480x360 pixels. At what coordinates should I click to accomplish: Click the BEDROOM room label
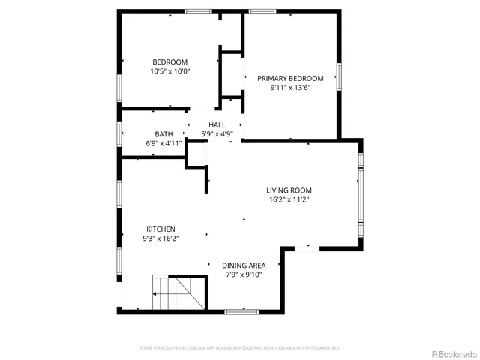point(169,62)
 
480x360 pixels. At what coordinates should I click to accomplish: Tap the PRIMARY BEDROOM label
point(290,78)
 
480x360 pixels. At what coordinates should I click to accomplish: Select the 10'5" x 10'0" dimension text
point(169,72)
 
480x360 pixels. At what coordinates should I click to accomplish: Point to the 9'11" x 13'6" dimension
point(290,88)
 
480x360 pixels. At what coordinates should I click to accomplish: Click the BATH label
point(163,134)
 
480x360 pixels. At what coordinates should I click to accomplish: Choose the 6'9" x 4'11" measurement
point(163,143)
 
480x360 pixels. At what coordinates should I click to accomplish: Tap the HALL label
point(217,125)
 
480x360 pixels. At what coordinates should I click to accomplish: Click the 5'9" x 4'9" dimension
point(217,134)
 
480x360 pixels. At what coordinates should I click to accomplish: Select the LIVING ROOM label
point(289,190)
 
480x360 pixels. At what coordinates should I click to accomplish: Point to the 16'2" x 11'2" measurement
point(289,200)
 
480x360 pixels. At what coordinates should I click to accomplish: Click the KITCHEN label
point(160,229)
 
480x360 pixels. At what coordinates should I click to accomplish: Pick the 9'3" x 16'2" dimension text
point(160,238)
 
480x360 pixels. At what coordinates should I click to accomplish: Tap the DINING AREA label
point(244,265)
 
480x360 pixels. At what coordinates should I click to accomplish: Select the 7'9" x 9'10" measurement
point(244,274)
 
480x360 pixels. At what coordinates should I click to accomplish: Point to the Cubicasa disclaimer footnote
point(240,348)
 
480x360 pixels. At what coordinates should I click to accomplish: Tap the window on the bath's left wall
point(120,133)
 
